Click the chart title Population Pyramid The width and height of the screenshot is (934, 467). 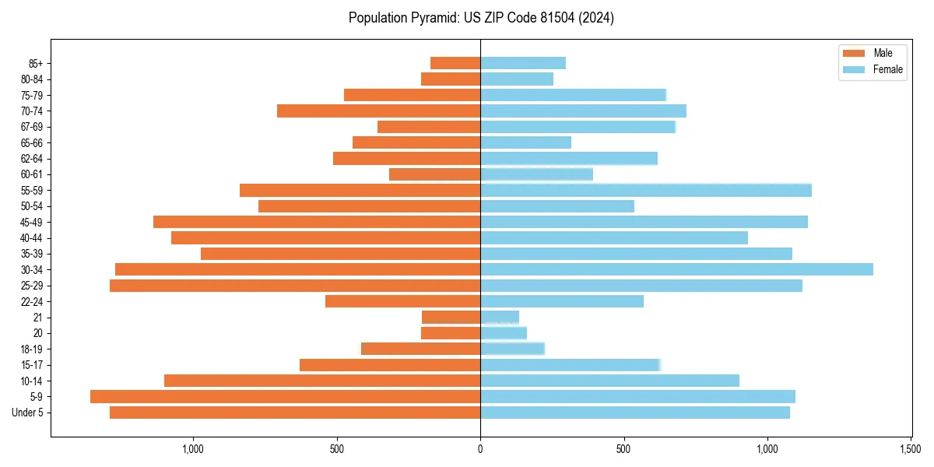481,18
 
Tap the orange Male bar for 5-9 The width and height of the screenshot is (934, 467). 285,397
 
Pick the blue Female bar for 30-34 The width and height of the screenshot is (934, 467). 676,269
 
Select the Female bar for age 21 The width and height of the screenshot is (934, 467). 500,318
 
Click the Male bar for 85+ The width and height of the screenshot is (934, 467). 455,63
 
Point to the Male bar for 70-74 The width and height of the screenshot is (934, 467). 378,111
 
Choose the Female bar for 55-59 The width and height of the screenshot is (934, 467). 646,190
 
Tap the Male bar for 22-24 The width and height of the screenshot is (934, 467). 402,301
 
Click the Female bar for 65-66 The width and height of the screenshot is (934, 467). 525,142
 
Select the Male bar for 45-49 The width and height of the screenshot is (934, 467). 317,222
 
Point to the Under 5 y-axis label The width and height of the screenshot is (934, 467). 28,413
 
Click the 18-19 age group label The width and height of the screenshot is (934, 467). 32,349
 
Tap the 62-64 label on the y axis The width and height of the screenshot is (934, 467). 32,159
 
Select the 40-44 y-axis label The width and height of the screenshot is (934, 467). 32,238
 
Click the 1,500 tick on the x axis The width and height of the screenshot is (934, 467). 911,449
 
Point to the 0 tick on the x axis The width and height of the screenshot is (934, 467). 480,449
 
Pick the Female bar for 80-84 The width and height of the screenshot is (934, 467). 517,79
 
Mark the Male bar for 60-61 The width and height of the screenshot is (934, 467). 434,174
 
